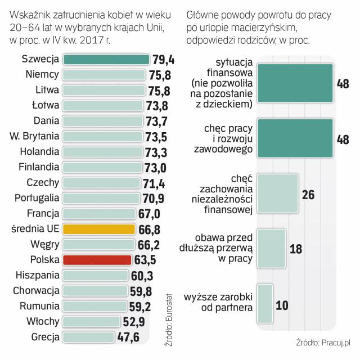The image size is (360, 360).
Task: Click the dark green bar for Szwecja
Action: tap(106, 60)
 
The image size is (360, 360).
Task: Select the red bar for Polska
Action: tap(97, 260)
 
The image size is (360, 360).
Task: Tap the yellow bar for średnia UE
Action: tap(99, 229)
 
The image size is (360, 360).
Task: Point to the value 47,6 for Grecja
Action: tap(132, 337)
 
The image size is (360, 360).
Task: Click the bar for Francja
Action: tap(99, 214)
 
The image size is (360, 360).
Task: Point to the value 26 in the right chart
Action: tap(308, 195)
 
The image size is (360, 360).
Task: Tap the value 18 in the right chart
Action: tap(296, 248)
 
